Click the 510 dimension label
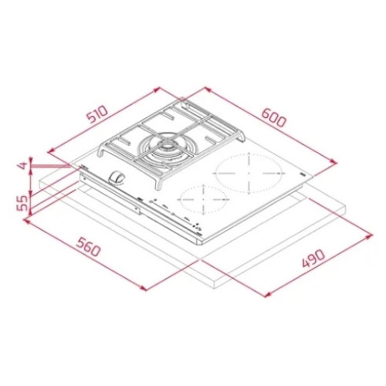97,114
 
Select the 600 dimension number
274,118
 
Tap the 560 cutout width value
88,247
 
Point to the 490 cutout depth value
313,258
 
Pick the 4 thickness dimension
23,165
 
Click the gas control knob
117,178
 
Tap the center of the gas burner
168,148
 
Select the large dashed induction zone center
249,173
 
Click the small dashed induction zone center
203,200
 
